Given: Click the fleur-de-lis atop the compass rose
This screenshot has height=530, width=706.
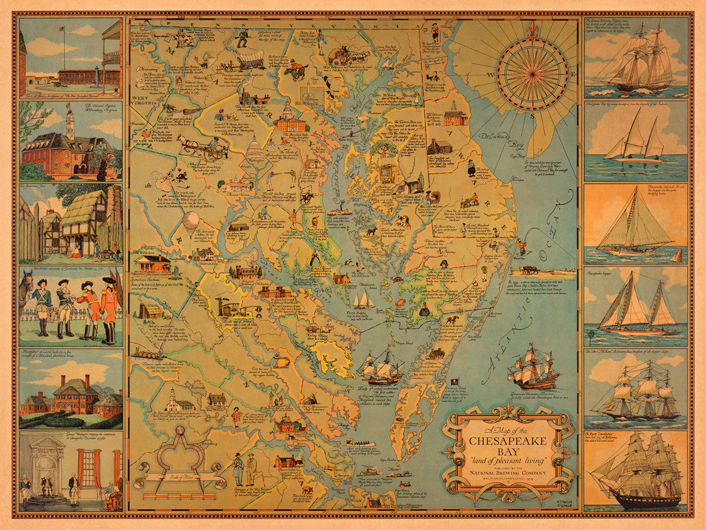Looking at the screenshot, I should click(532, 31).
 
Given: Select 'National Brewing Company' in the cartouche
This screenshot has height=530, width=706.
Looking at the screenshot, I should click(508, 473).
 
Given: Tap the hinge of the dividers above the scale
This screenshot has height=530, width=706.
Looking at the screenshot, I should click(180, 432).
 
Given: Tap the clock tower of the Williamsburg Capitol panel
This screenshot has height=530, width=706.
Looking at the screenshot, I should click(69, 120).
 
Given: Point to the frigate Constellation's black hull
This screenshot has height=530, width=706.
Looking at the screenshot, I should click(634, 500).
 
